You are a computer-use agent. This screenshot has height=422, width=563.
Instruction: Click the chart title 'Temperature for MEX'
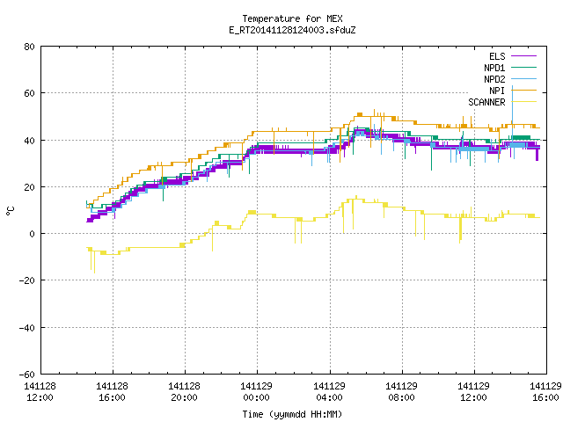292,18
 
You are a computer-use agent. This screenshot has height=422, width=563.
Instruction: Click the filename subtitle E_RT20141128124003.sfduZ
292,30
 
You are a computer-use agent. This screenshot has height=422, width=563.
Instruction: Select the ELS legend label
497,56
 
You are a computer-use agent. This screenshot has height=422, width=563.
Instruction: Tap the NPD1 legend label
494,68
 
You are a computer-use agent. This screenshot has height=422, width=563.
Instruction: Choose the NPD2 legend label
494,79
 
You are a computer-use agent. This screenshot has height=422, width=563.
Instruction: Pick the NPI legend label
497,91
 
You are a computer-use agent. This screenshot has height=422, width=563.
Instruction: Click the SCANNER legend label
486,102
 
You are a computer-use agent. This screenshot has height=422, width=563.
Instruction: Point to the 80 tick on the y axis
29,47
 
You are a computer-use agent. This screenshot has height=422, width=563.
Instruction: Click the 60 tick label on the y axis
29,93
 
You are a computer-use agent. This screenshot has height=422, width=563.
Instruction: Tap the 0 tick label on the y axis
32,234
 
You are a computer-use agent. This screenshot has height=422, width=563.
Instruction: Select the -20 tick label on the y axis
27,280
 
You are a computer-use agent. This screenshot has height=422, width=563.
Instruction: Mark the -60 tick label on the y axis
27,375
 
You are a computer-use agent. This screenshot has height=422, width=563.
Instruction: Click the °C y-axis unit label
10,211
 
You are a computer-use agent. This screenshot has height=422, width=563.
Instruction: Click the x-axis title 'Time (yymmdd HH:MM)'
292,414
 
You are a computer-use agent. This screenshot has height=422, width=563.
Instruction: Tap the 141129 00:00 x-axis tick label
256,392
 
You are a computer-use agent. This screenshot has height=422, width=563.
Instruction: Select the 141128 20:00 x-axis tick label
184,392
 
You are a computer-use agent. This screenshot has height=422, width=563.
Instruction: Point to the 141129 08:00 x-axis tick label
401,392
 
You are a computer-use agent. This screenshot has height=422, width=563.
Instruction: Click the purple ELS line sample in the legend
523,56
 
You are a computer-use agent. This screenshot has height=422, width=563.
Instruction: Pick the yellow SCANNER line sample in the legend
523,102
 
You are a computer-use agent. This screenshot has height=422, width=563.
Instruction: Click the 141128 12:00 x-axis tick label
40,392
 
